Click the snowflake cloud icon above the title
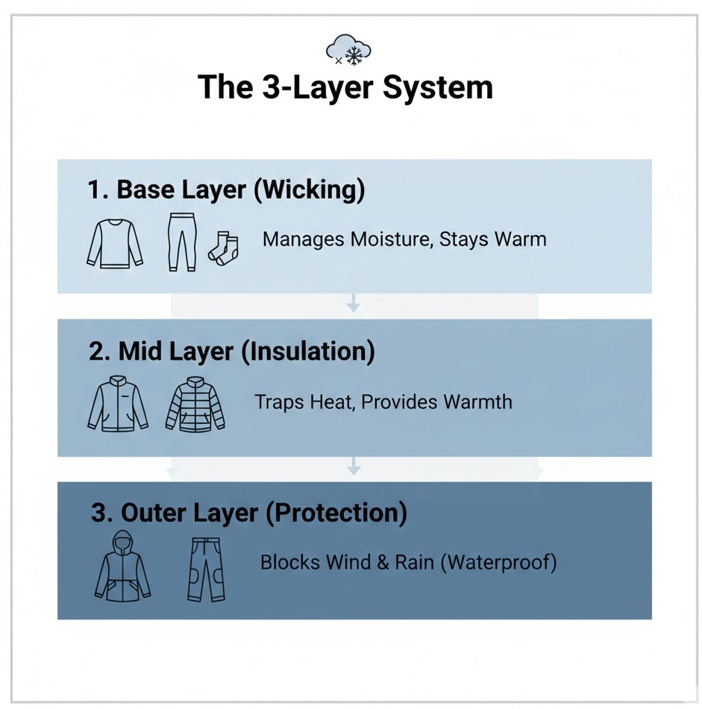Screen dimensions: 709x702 click(349, 49)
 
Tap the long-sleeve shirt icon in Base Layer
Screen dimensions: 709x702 click(115, 244)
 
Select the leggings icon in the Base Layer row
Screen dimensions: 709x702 click(181, 240)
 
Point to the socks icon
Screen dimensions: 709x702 click(223, 248)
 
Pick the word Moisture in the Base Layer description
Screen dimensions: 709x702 click(389, 240)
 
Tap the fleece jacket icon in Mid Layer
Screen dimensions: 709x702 click(118, 405)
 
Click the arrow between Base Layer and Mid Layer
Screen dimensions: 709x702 click(354, 303)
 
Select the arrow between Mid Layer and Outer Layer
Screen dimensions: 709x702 click(354, 467)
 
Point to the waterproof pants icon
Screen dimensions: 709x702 click(205, 569)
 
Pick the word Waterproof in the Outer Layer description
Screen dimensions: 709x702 click(499, 561)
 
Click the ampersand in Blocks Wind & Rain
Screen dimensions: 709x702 click(383, 561)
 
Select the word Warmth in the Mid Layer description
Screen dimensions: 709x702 click(477, 402)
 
